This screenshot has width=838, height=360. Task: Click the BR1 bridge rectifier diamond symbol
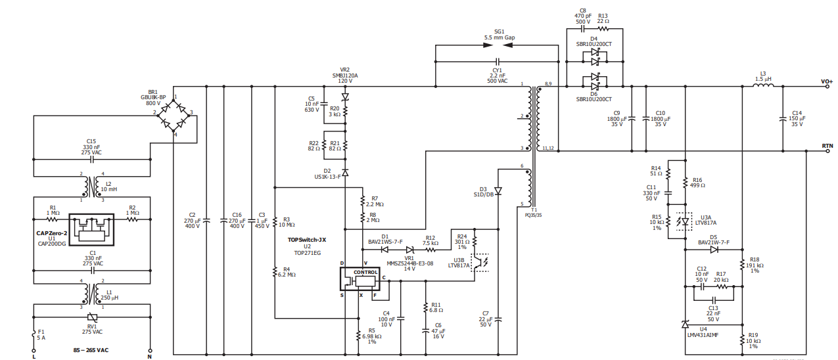pyautogui.click(x=174, y=116)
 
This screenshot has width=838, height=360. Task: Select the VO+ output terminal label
pyautogui.click(x=827, y=81)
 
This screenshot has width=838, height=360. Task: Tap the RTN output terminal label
pyautogui.click(x=827, y=146)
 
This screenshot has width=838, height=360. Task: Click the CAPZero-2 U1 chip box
pyautogui.click(x=91, y=230)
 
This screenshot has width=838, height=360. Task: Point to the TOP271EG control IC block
pyautogui.click(x=360, y=279)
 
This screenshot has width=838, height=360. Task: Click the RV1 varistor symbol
pyautogui.click(x=92, y=317)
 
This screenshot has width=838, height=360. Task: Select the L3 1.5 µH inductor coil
pyautogui.click(x=763, y=85)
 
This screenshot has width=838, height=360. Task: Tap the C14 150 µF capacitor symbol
pyautogui.click(x=783, y=119)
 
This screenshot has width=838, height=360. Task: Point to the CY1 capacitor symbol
pyautogui.click(x=497, y=61)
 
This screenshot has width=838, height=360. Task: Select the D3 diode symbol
pyautogui.click(x=498, y=191)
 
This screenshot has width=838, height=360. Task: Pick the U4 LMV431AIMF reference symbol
pyautogui.click(x=686, y=324)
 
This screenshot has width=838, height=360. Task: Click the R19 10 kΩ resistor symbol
pyautogui.click(x=742, y=340)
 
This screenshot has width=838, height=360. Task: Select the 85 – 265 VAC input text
pyautogui.click(x=91, y=350)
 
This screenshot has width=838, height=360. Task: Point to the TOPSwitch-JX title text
pyautogui.click(x=307, y=240)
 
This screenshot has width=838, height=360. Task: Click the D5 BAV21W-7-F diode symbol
pyautogui.click(x=714, y=250)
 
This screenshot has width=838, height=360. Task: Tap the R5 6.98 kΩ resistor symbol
pyautogui.click(x=358, y=336)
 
